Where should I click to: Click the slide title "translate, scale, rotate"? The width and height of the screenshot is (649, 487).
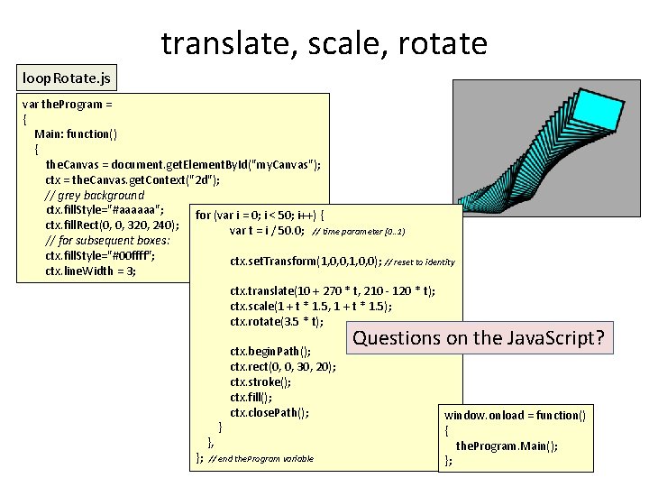[324, 42]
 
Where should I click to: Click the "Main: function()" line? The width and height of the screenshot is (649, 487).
[82, 133]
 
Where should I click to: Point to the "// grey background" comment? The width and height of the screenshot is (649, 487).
[94, 195]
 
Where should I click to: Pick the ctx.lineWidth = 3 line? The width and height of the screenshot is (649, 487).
[90, 271]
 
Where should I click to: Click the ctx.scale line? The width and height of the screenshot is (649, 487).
[310, 307]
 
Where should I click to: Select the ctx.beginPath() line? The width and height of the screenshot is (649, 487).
[270, 352]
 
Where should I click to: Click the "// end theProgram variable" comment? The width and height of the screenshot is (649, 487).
[261, 459]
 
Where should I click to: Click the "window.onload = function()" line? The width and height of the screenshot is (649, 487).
[514, 415]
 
